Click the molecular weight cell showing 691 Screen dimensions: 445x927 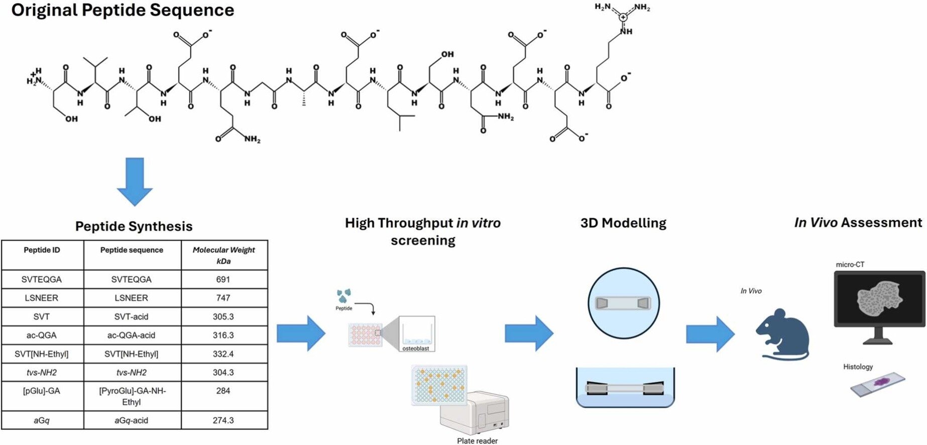(x=223, y=280)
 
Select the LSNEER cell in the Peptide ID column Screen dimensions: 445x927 (x=42, y=298)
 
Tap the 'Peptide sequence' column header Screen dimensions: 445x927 (x=132, y=250)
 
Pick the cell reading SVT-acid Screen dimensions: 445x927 (x=132, y=317)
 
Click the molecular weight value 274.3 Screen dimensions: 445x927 (x=223, y=420)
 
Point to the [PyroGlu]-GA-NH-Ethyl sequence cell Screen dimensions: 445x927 (x=132, y=396)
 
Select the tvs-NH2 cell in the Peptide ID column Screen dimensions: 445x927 (x=42, y=373)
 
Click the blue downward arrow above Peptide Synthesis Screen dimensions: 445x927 (x=135, y=181)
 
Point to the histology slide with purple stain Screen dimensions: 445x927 (x=878, y=384)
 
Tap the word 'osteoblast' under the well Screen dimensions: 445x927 (x=416, y=349)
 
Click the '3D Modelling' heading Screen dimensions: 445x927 (x=623, y=223)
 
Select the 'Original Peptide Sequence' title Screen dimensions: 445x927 (x=123, y=10)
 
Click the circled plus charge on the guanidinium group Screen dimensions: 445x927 (x=623, y=17)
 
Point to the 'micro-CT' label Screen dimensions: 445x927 (x=850, y=265)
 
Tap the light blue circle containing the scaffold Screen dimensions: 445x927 (x=623, y=303)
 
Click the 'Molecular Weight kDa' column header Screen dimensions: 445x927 (x=223, y=255)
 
